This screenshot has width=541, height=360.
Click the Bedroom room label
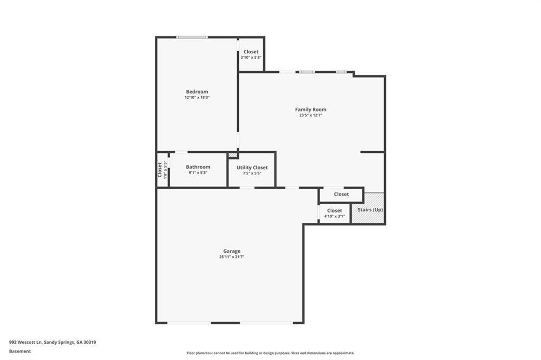click(x=197, y=91)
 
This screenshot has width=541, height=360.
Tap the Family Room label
click(x=310, y=109)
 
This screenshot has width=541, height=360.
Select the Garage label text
click(x=231, y=251)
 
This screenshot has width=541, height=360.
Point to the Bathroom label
click(x=198, y=167)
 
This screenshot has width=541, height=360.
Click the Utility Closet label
click(x=252, y=168)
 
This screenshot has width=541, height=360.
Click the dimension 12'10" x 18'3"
click(x=197, y=98)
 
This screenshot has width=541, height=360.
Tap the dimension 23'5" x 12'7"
click(x=310, y=115)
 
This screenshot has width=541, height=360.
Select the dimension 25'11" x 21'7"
click(x=231, y=257)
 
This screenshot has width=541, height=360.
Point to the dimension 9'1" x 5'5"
click(x=198, y=173)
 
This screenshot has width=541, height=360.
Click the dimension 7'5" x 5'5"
click(x=252, y=173)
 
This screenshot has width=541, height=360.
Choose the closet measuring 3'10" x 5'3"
click(x=251, y=54)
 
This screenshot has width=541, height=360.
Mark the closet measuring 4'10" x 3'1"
click(x=334, y=214)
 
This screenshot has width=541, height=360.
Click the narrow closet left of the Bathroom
click(x=162, y=170)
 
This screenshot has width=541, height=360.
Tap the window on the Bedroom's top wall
click(x=192, y=37)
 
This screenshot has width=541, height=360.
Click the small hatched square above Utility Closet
click(x=232, y=155)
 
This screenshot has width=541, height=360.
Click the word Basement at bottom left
click(x=20, y=351)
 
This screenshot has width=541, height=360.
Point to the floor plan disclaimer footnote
click(x=270, y=353)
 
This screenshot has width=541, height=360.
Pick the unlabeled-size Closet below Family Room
click(x=341, y=195)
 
